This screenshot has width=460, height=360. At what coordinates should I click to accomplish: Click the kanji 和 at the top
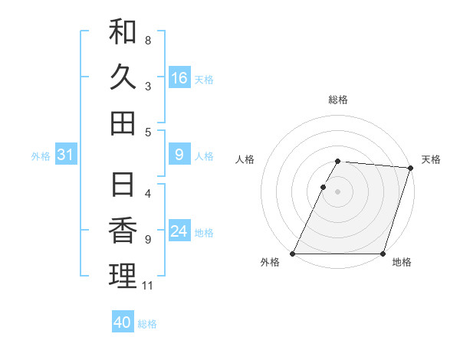(x=123, y=31)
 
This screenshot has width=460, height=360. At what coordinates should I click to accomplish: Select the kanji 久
(x=123, y=77)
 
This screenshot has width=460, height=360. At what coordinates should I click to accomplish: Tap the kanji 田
(x=123, y=123)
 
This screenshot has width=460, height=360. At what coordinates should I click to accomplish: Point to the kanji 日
(x=123, y=184)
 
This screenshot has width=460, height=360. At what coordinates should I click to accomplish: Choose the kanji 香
(x=123, y=230)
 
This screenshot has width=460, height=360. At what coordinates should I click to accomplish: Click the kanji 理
(x=123, y=276)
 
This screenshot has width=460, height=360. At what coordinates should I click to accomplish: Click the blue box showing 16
(x=179, y=77)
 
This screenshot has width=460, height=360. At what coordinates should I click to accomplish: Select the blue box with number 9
(x=179, y=155)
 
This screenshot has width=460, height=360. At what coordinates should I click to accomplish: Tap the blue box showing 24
(x=179, y=231)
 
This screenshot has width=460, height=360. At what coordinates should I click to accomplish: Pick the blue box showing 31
(x=66, y=155)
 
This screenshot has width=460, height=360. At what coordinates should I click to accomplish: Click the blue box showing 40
(x=123, y=322)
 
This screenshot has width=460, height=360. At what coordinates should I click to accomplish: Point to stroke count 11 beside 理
(x=148, y=286)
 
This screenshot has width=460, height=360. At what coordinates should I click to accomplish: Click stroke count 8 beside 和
(x=148, y=40)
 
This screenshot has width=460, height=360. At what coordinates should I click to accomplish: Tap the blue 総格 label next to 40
(x=147, y=323)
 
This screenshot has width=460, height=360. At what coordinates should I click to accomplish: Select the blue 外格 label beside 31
(x=41, y=155)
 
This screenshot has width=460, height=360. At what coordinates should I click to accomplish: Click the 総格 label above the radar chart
(x=338, y=100)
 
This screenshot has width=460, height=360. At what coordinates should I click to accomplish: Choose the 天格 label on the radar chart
(x=432, y=159)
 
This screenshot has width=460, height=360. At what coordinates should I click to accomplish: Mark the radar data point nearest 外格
(x=293, y=254)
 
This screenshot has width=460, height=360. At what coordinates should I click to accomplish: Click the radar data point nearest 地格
(x=383, y=254)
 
